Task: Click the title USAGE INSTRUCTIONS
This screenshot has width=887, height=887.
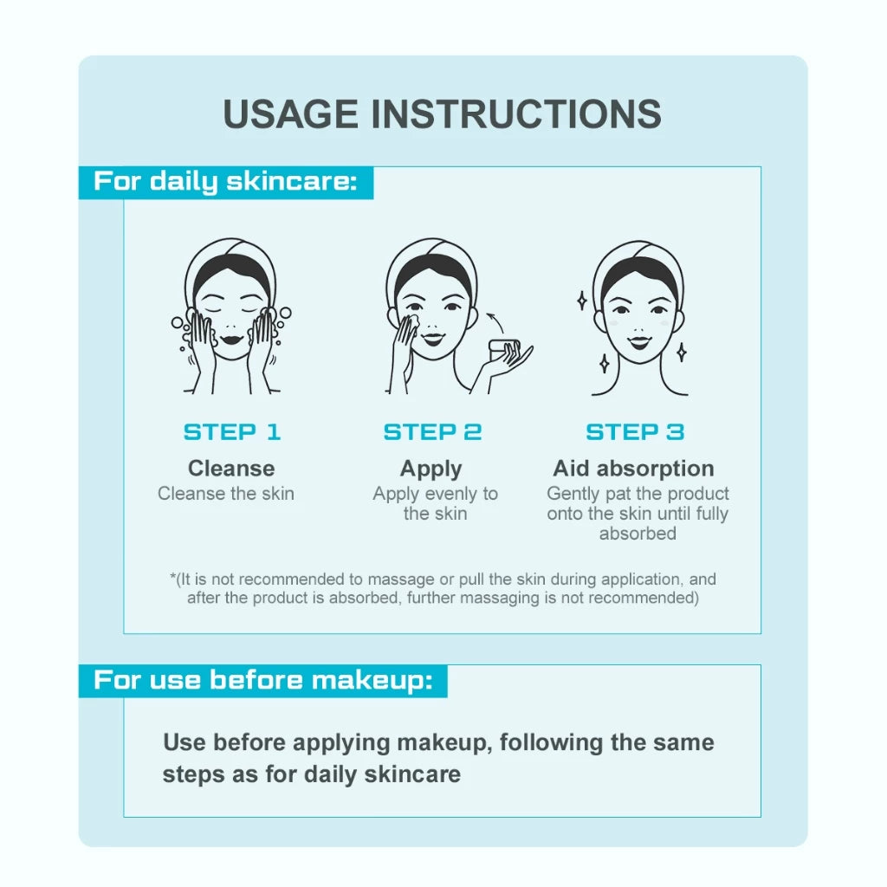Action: click(443, 114)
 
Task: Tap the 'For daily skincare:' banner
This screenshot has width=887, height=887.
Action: click(225, 182)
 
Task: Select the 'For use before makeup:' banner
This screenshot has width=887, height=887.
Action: click(262, 680)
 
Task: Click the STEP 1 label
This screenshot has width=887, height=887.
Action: click(232, 431)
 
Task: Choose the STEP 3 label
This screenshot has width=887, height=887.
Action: click(635, 431)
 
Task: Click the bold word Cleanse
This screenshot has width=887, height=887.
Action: click(231, 469)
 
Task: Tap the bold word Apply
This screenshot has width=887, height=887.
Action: click(431, 469)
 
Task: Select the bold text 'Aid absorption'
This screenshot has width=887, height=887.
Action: click(634, 469)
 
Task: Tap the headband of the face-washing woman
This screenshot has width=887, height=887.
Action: click(231, 260)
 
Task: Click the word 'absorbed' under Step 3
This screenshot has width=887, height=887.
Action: click(638, 534)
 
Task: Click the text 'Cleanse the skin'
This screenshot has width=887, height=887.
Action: click(226, 494)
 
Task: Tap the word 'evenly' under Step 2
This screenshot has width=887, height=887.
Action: click(449, 494)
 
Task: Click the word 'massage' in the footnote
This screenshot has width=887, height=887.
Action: click(397, 579)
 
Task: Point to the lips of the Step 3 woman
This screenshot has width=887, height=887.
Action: click(638, 334)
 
